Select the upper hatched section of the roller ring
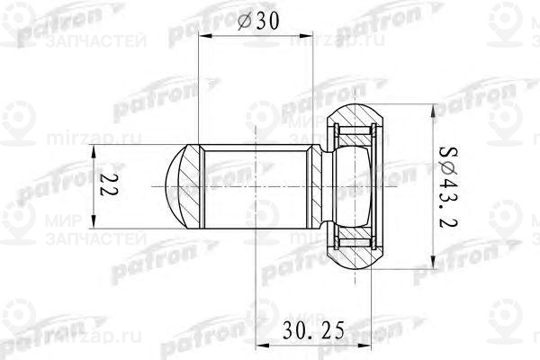pos(360,117)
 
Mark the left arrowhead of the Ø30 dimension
pos(203,37)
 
